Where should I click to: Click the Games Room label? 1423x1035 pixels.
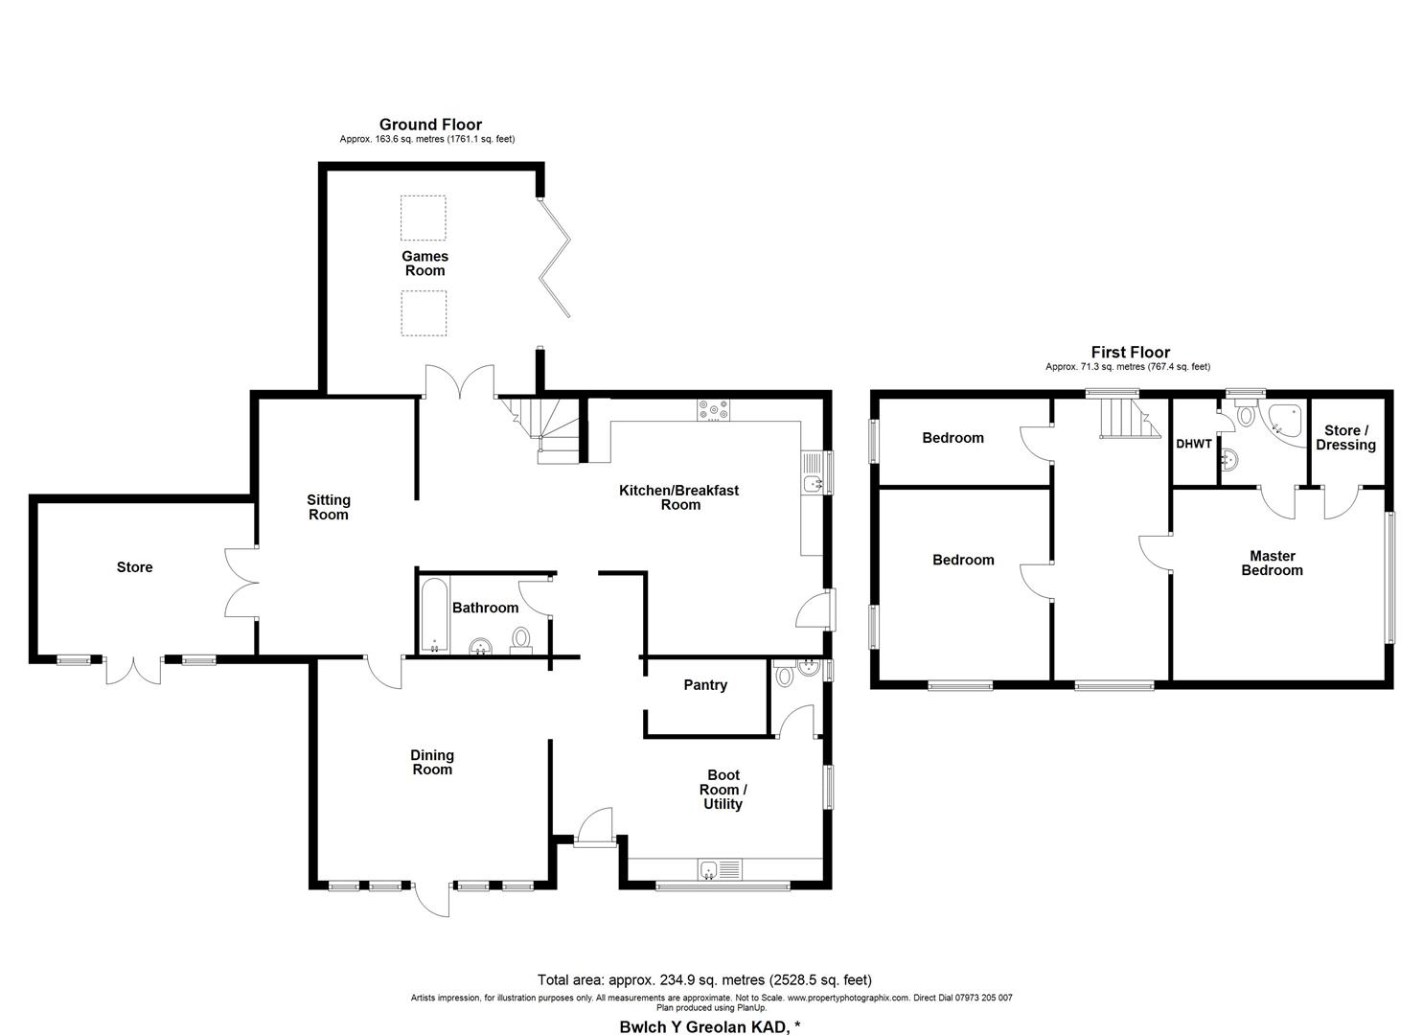[425, 264]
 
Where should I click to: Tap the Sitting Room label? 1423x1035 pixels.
[329, 507]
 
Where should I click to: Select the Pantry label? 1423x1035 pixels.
[705, 685]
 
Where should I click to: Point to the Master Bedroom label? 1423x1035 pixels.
[1272, 563]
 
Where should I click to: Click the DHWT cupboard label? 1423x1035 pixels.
[1194, 445]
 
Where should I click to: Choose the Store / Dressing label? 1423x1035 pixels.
[1345, 438]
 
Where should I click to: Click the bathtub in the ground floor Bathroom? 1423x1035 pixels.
[434, 615]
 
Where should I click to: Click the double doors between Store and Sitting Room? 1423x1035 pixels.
[242, 582]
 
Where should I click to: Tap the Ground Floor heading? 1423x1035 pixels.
[430, 125]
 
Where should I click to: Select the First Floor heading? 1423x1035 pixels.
[1130, 353]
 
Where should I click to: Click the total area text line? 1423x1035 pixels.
[704, 979]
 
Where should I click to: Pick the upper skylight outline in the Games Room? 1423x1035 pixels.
[423, 218]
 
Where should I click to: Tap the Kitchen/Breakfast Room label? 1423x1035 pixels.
[679, 497]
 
